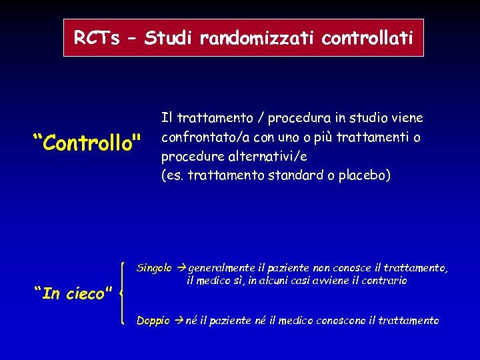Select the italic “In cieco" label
72,293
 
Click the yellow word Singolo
154,268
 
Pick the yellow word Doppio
153,321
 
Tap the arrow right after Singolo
181,268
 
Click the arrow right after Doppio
179,321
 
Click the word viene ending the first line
407,119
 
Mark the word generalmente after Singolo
218,268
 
